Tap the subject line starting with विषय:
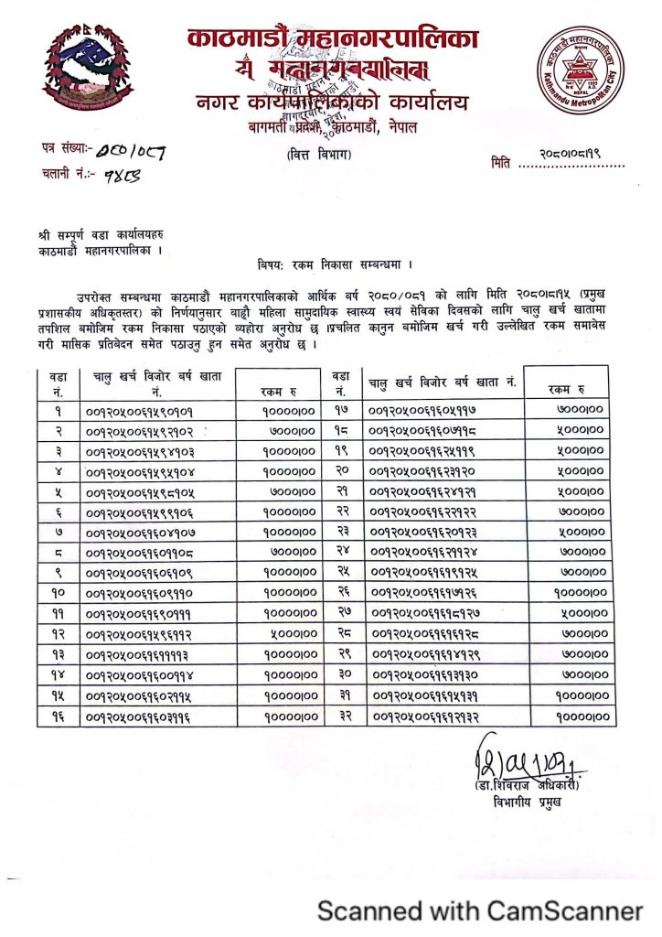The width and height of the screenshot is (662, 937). coord(336,264)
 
